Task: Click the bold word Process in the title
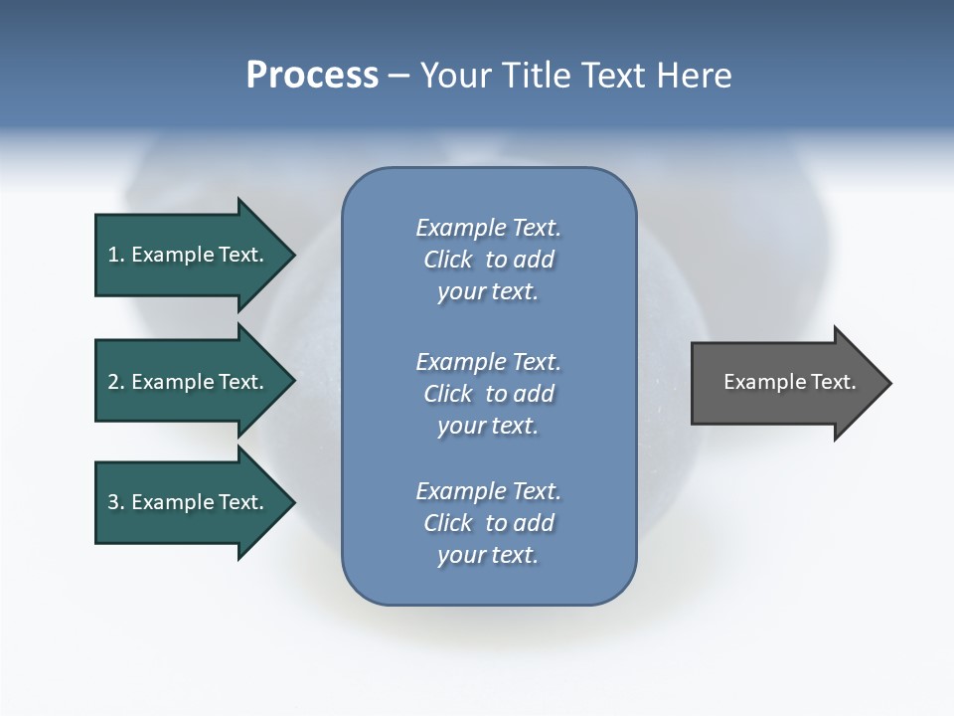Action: [x=312, y=76]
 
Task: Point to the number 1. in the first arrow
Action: [x=116, y=255]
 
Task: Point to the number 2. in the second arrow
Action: [x=116, y=382]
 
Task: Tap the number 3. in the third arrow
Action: [x=116, y=502]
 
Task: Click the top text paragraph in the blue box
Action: [x=488, y=260]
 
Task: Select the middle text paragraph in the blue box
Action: [x=488, y=394]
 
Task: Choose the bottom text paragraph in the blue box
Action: [x=488, y=523]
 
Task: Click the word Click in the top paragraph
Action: [x=448, y=260]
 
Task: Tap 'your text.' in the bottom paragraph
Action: [x=488, y=555]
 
